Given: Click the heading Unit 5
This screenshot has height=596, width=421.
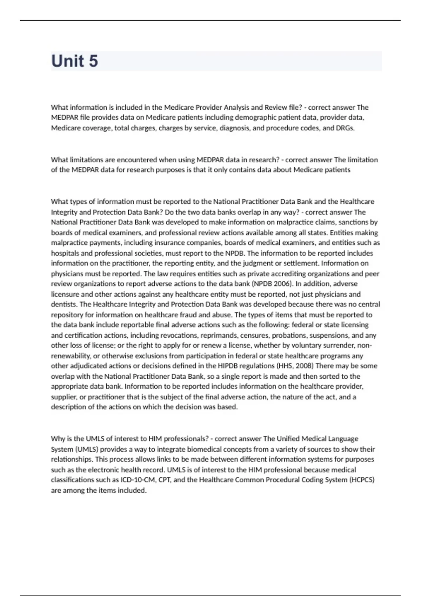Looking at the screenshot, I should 74,61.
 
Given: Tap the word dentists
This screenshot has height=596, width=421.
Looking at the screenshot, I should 64,304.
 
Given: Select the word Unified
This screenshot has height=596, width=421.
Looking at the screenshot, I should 288,439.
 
